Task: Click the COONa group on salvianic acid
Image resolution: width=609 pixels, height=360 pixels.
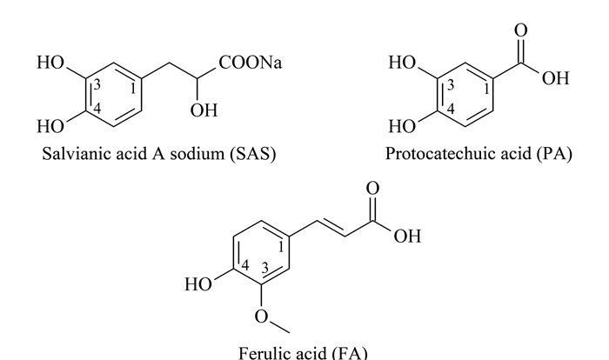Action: (x=251, y=63)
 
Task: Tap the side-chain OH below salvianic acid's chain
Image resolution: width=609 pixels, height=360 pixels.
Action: (x=204, y=110)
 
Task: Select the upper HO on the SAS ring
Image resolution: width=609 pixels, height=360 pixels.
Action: (x=50, y=63)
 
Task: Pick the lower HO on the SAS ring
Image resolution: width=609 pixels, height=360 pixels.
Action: (x=50, y=127)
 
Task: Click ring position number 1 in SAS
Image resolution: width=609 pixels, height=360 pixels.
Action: (x=133, y=89)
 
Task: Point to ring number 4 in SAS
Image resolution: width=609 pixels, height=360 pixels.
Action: (x=97, y=109)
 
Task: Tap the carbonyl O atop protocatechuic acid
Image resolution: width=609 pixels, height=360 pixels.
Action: (x=521, y=30)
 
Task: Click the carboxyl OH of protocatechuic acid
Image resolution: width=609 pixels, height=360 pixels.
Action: (x=556, y=78)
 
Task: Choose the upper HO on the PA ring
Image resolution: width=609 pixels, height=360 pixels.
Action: (x=402, y=63)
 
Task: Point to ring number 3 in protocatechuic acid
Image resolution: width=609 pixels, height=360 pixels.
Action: (x=451, y=84)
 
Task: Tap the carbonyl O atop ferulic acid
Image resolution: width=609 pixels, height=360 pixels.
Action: (x=372, y=189)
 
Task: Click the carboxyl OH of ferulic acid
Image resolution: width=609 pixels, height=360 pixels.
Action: (x=407, y=237)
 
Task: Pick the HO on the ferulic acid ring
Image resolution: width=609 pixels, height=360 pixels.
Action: (x=198, y=284)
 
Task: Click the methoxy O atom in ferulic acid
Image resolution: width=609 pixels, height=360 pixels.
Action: (x=261, y=317)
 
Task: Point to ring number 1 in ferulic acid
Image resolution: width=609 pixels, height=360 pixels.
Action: (x=282, y=247)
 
